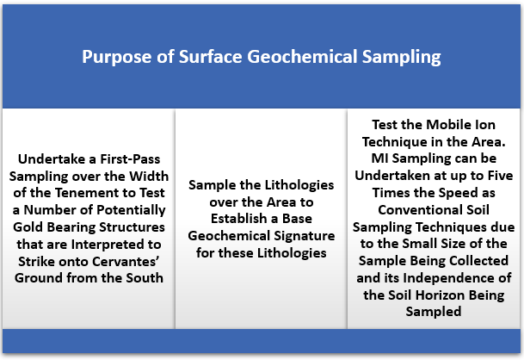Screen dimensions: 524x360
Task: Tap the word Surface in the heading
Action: (211, 56)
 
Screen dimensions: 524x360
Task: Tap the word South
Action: (145, 278)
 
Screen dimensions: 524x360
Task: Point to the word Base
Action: (297, 219)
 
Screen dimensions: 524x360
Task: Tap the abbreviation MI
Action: (380, 158)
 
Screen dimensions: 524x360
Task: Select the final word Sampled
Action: (434, 312)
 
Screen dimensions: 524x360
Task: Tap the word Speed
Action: (457, 193)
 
